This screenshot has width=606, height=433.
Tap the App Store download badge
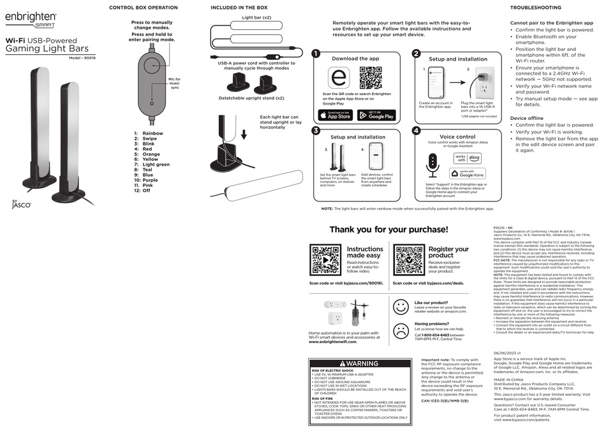(335, 115)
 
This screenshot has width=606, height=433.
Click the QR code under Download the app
(370, 77)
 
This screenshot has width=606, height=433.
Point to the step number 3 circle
(315, 131)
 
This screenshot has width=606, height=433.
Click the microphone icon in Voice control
(433, 165)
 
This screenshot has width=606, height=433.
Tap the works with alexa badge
(468, 158)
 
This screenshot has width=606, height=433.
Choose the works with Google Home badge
(468, 173)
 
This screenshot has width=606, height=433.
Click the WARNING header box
(358, 363)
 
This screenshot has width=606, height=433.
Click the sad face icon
(401, 330)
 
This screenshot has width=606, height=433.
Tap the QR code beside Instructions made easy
(325, 260)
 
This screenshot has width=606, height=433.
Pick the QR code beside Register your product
(409, 260)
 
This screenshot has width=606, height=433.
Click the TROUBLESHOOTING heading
(535, 8)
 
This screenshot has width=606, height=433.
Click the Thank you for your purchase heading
(388, 230)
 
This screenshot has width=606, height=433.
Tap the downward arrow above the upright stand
(243, 135)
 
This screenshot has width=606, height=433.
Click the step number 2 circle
(415, 54)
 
